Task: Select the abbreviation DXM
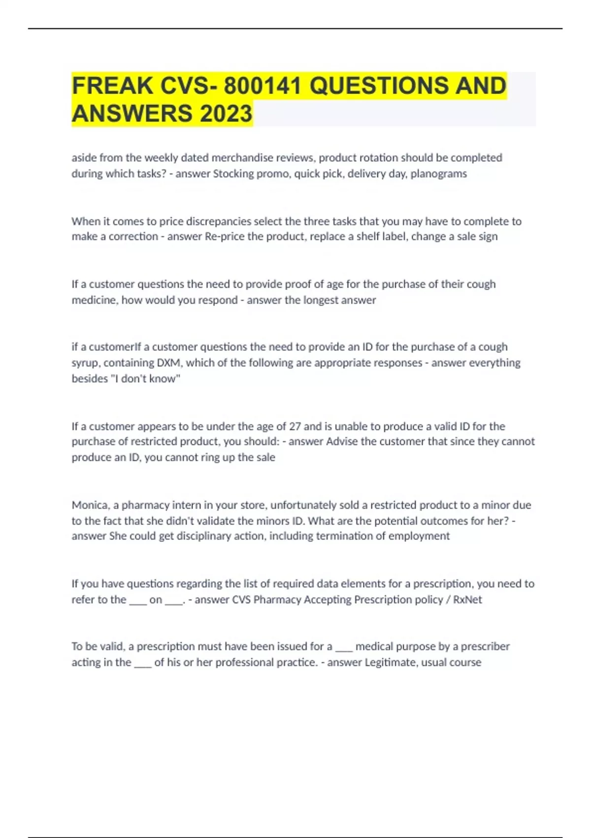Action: pos(168,363)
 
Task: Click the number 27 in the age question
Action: pos(295,426)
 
